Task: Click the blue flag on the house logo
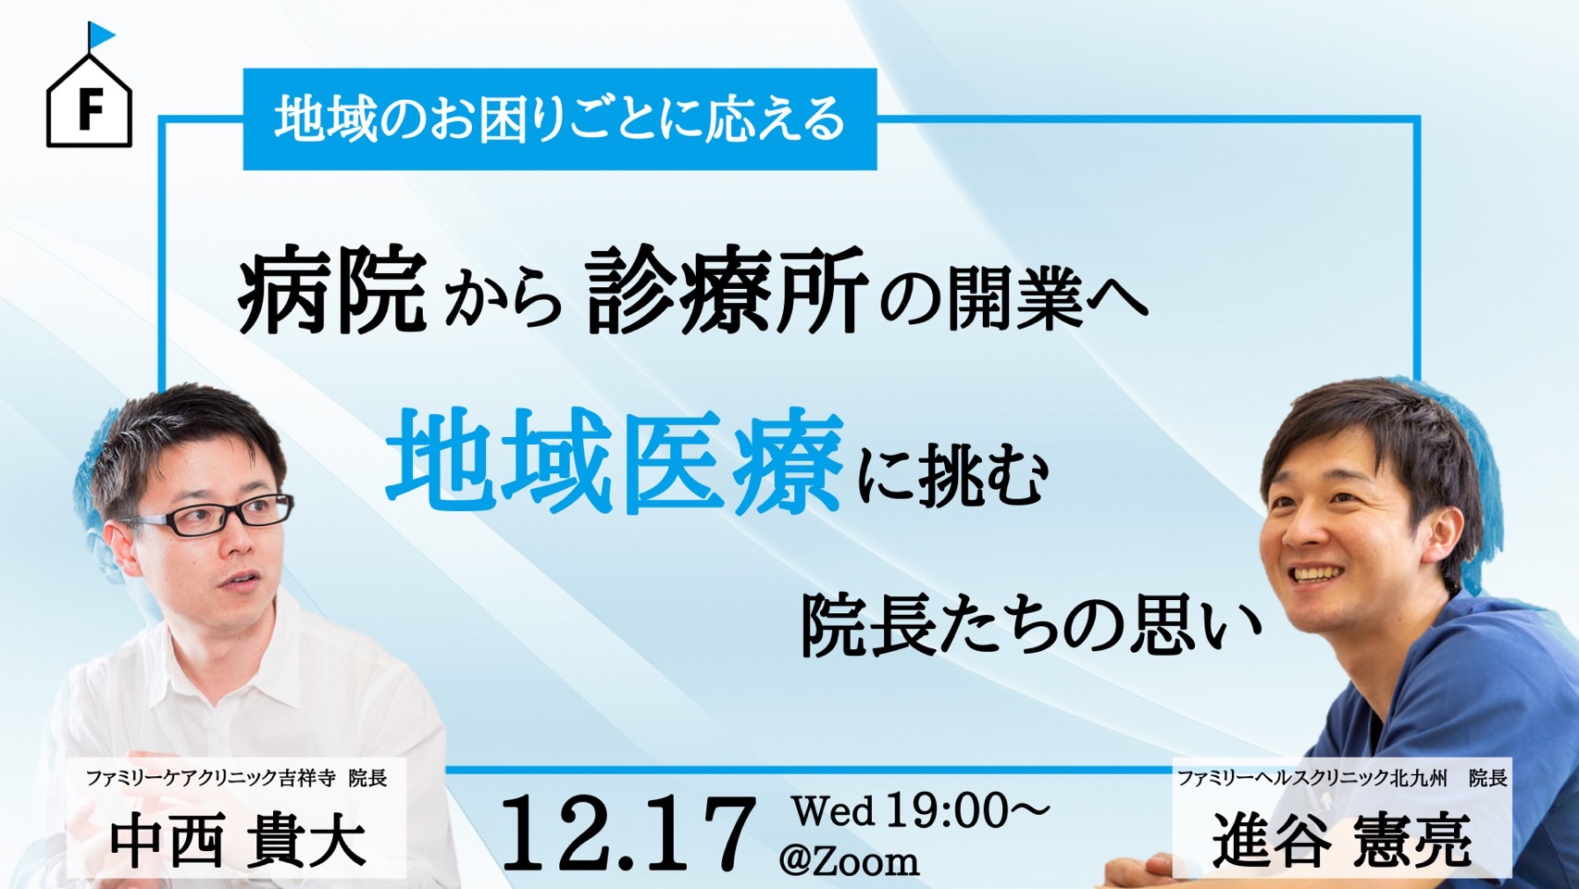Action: point(102,34)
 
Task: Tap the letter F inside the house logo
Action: point(90,109)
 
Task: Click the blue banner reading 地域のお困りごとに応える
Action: point(560,119)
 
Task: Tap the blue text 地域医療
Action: point(614,461)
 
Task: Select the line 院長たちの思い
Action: point(1030,625)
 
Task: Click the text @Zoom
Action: point(849,861)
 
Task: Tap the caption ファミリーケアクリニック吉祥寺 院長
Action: point(237,779)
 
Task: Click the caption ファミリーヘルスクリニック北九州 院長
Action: point(1342,779)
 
